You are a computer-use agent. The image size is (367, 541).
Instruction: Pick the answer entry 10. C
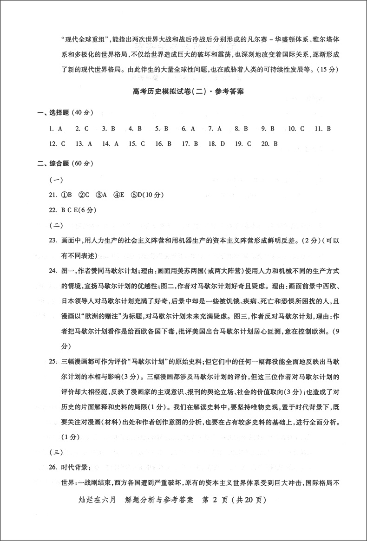click(x=296, y=128)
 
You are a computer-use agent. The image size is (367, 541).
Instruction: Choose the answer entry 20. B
click(x=269, y=144)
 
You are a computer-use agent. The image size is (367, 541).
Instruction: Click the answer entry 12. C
click(x=57, y=144)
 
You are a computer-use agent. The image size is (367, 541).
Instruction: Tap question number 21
click(x=52, y=195)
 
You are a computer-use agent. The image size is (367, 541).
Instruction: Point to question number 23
click(x=52, y=241)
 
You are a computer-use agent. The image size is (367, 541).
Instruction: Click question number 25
click(x=52, y=361)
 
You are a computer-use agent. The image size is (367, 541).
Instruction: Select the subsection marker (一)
click(x=56, y=179)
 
